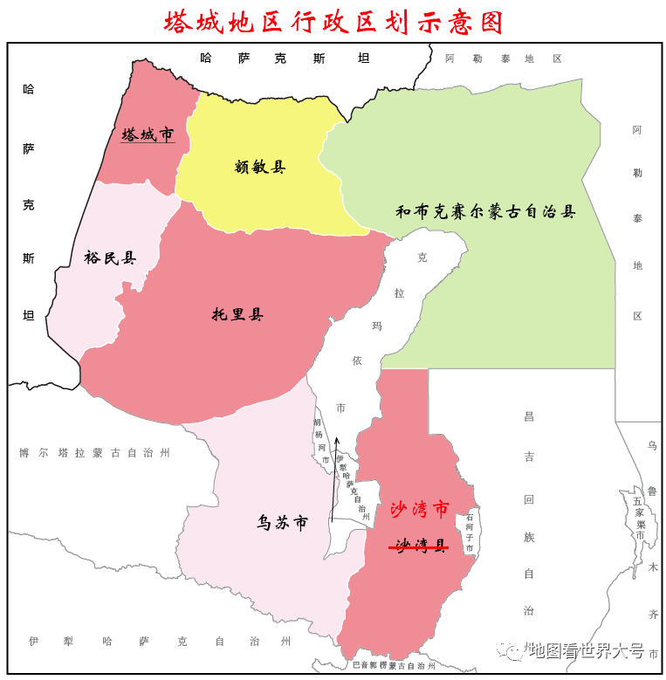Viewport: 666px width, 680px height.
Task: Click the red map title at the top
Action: coord(333,22)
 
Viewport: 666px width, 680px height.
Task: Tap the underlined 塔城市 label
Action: coord(148,134)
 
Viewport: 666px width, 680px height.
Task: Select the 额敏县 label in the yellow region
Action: coord(260,167)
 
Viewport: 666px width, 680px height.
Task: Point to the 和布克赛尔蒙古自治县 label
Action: coord(485,211)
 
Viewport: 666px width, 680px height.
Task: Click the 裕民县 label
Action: coord(110,258)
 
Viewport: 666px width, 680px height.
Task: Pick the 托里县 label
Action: coord(237,314)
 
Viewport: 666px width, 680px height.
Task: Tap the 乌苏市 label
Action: coord(282,523)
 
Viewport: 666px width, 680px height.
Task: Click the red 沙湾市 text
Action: coord(419,509)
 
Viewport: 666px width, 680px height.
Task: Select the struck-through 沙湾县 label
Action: coord(420,546)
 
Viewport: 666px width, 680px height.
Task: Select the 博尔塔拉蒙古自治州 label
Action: coord(94,452)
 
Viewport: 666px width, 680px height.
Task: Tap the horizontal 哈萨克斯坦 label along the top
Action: coord(285,58)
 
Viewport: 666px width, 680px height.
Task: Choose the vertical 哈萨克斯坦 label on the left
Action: coord(29,201)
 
